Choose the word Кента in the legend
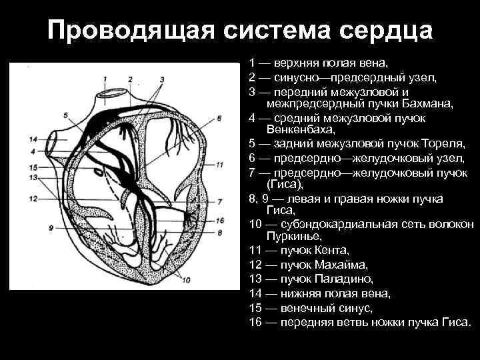click(332, 251)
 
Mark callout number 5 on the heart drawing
click(65, 115)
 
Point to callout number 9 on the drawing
click(50, 227)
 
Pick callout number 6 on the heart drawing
click(219, 119)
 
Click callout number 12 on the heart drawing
click(33, 199)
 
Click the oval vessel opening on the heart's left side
click(51, 143)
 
